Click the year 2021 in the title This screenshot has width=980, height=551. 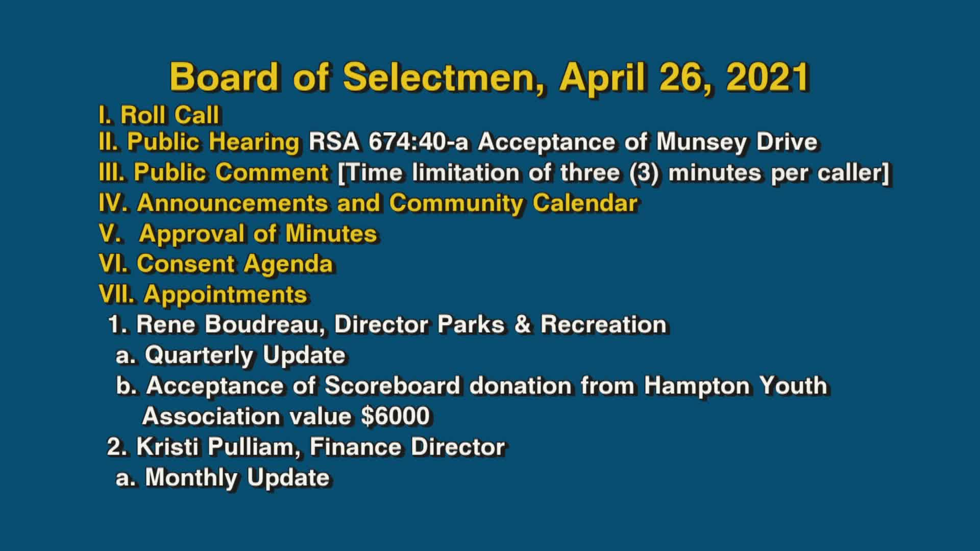click(768, 78)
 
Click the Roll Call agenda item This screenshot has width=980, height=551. click(159, 115)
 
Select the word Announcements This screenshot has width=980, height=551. click(233, 203)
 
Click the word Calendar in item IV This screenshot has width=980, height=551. click(585, 203)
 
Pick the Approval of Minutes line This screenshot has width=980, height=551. click(238, 234)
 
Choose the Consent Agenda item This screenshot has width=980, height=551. click(216, 264)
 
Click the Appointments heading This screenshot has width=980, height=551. click(225, 294)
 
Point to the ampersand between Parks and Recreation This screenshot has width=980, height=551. click(522, 324)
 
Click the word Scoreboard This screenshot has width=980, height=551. click(392, 386)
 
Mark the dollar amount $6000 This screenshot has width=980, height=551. click(395, 416)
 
